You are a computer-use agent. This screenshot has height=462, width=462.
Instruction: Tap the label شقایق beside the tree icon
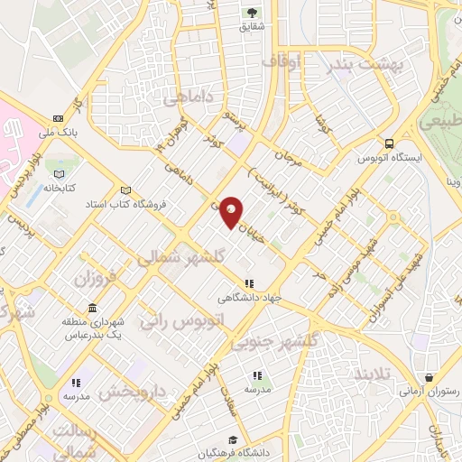point(252,27)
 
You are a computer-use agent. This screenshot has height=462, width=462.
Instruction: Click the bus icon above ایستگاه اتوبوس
point(389,143)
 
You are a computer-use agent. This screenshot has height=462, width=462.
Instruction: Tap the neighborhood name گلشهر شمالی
point(175,257)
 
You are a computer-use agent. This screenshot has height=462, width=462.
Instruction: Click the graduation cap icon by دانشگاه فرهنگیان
point(233,439)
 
